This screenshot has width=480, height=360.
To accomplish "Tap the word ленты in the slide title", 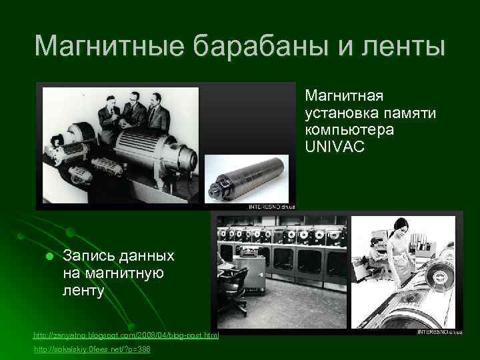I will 407,46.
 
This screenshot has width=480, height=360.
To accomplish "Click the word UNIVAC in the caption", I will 335,145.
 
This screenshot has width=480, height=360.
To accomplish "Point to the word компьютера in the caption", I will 350,129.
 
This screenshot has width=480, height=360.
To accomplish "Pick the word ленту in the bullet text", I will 84,290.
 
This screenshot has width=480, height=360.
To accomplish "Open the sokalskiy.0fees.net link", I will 91,349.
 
